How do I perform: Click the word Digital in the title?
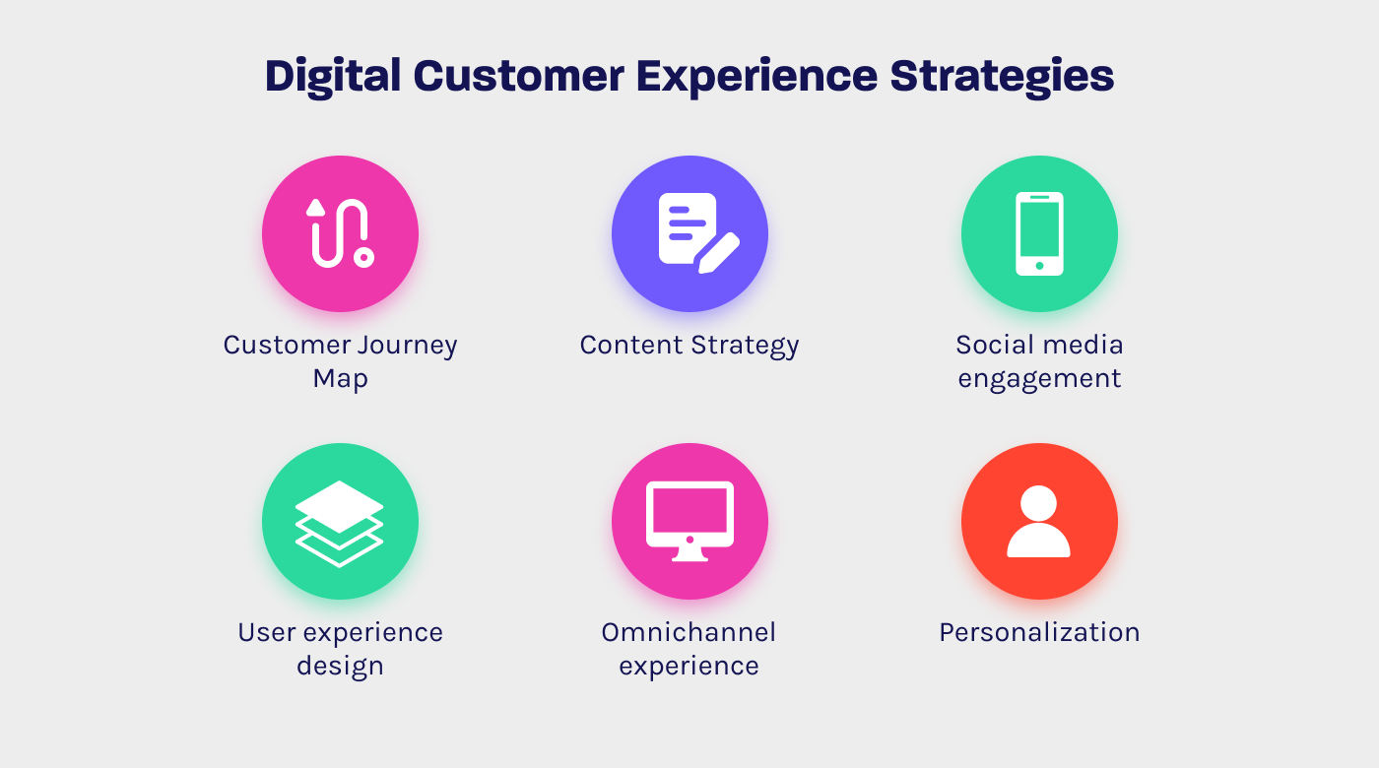point(332,76)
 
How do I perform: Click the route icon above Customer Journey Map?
point(340,233)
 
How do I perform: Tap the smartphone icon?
point(1039,233)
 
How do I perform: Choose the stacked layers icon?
point(340,523)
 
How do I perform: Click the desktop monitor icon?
point(689,521)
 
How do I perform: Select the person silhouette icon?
point(1039,521)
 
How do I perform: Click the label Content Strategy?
point(689,346)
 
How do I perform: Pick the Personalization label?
point(1039,632)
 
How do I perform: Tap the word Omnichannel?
point(689,632)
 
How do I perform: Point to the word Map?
point(340,379)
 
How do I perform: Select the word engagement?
point(1039,379)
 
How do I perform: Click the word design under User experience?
point(340,666)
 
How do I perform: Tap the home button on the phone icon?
point(1039,265)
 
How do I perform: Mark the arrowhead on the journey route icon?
point(315,207)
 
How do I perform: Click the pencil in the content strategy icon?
point(718,252)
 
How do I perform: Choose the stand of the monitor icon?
point(689,554)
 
